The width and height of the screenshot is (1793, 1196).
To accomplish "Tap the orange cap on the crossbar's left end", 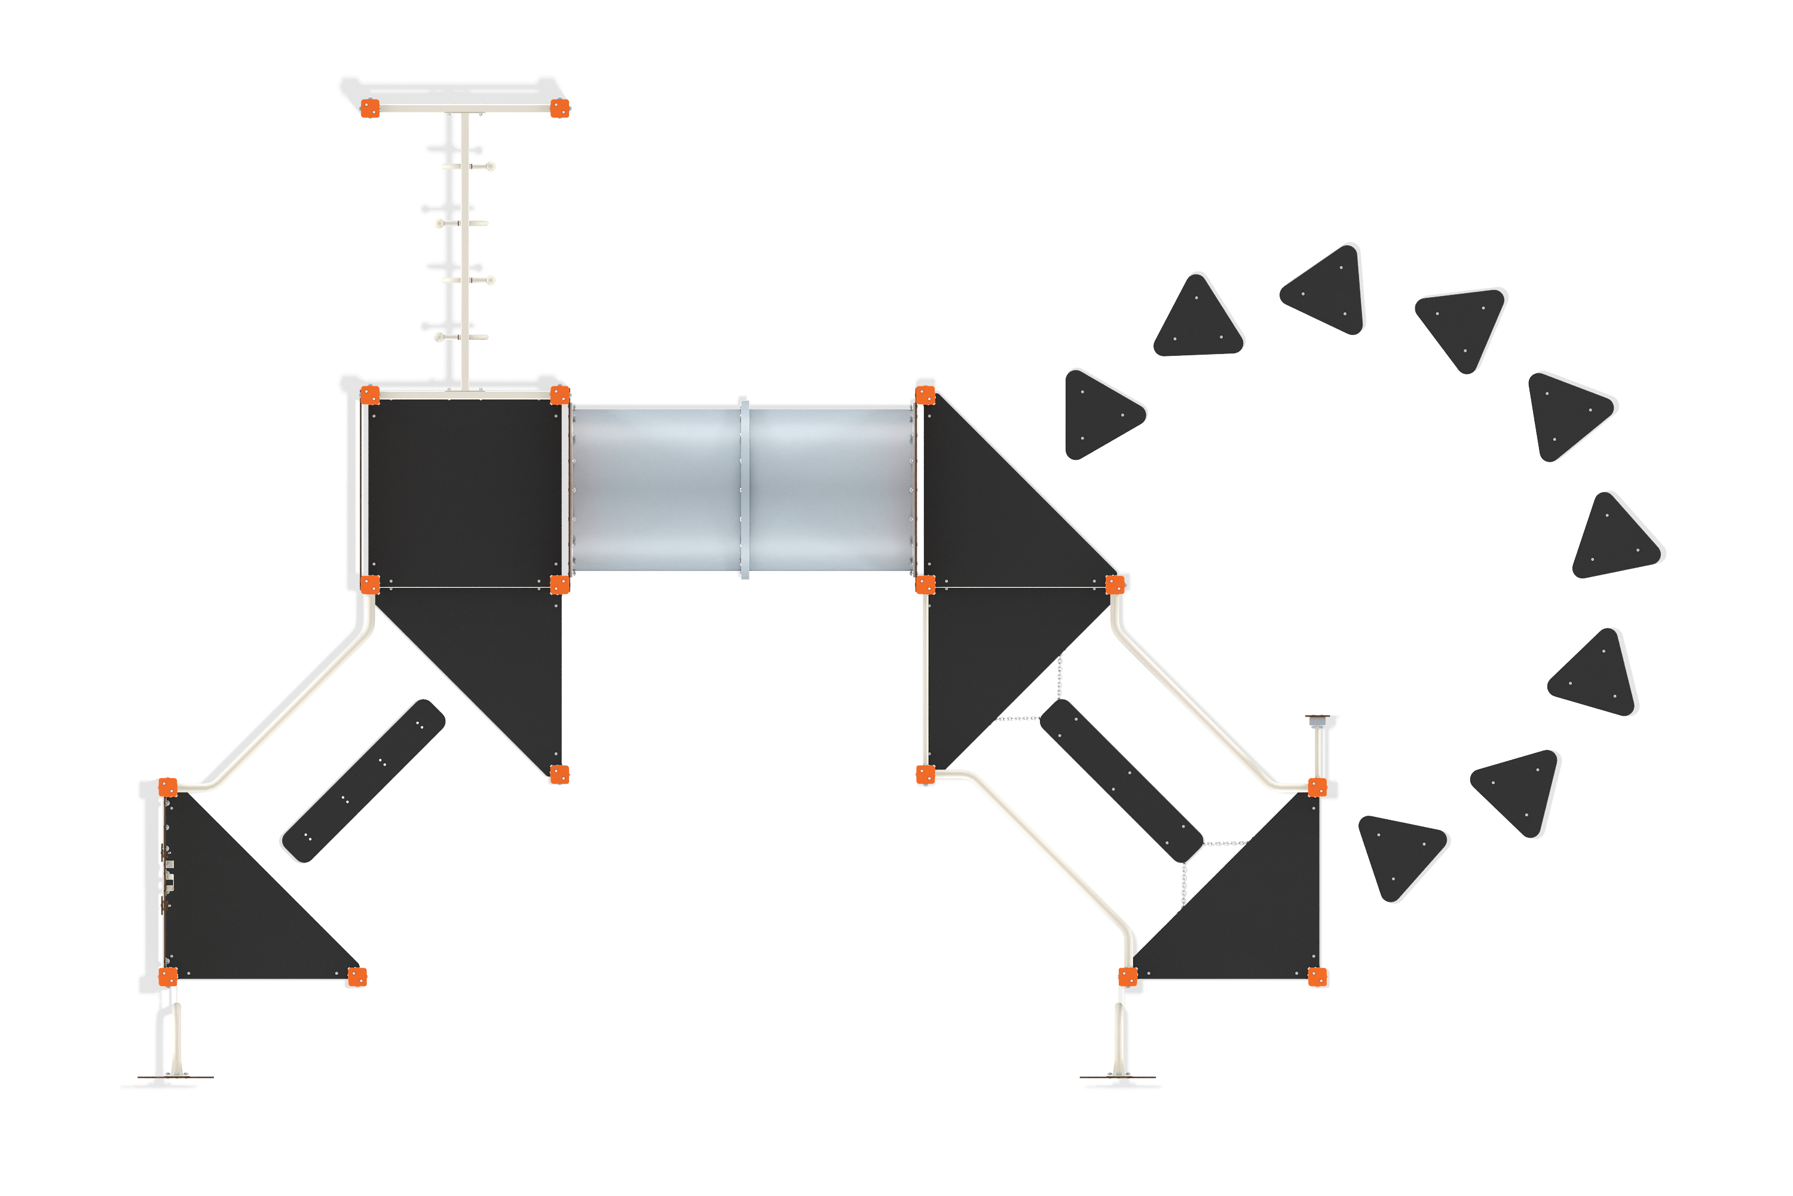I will [x=370, y=108].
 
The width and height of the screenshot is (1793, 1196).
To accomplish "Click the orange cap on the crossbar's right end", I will [x=559, y=108].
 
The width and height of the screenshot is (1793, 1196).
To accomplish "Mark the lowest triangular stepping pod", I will [x=1401, y=855].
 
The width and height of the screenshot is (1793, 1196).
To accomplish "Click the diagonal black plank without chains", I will [x=362, y=781].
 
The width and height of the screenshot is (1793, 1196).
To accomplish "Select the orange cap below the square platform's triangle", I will [x=559, y=774].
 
